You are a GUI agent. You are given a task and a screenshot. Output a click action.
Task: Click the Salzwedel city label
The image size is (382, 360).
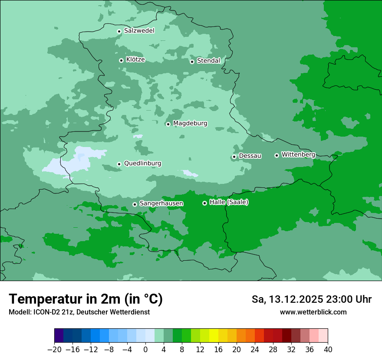click(139, 31)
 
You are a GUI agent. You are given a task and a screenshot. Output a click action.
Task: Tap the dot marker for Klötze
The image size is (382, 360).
click(121, 60)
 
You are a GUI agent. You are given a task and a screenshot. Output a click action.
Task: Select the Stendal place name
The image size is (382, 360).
click(208, 61)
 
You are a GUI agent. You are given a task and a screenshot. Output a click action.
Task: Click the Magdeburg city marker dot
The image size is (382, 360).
click(168, 124)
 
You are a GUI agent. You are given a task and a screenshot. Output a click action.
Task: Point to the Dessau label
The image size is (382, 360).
click(250, 156)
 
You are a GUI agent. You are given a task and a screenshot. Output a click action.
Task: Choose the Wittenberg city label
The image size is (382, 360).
click(298, 154)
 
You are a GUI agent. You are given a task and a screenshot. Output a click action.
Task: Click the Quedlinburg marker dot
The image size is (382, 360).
click(119, 164)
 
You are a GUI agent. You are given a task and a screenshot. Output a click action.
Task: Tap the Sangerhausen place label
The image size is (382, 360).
click(161, 203)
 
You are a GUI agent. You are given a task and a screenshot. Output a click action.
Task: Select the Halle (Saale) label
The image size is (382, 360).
click(229, 202)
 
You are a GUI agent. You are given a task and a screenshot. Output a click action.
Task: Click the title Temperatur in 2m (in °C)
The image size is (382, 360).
click(86, 299)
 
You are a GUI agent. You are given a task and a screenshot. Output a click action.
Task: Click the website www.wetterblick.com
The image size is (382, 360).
click(313, 312)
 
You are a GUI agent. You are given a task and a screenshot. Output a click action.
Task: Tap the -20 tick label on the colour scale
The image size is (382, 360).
click(54, 350)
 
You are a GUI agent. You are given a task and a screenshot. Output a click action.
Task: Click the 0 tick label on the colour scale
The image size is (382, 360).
click(145, 350)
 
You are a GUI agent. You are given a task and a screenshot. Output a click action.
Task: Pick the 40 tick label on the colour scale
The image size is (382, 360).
click(328, 350)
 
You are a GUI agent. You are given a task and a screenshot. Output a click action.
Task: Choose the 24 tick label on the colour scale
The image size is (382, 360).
click(255, 350)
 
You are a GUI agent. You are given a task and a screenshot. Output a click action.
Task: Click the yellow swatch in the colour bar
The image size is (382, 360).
click(214, 336)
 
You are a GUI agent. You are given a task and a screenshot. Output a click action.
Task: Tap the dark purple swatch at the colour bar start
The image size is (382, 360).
click(59, 336)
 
